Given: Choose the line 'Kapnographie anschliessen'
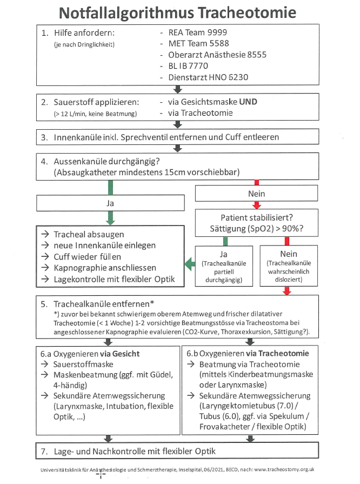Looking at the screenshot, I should click(105, 267).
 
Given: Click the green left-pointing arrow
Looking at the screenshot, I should click(189, 264).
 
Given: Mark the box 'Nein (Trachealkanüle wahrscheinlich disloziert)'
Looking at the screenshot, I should click(287, 266).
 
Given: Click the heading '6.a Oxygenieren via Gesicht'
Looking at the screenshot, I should click(90, 354).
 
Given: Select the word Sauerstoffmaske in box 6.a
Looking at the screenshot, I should click(86, 364).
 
